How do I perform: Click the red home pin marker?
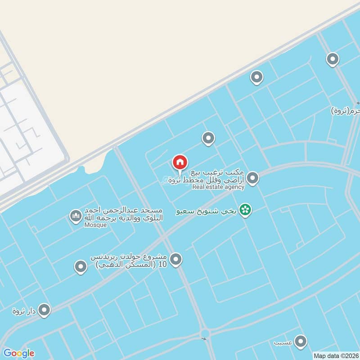point(180,162)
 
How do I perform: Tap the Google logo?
point(18,353)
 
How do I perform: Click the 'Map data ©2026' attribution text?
point(336,355)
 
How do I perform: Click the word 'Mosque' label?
point(95,225)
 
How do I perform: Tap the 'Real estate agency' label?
point(218,187)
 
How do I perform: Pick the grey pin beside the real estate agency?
point(253,178)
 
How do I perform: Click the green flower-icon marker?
point(245,210)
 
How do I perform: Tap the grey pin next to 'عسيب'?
point(300,341)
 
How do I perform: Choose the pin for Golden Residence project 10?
point(176,259)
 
